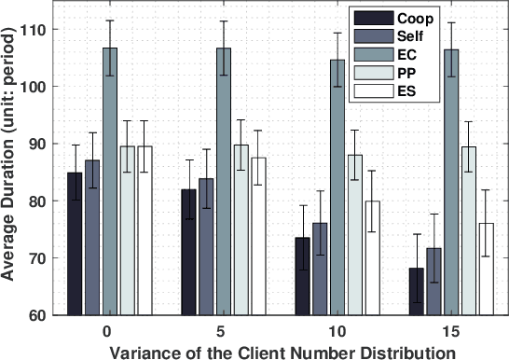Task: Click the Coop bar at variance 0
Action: point(75,243)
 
